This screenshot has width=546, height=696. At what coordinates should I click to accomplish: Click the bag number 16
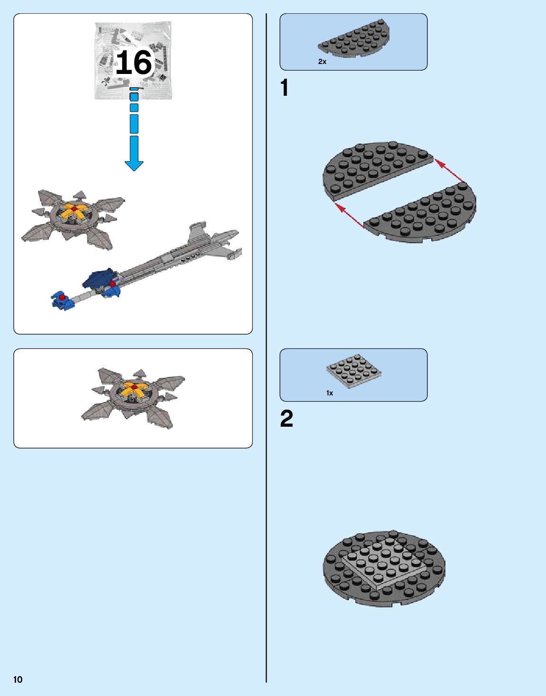134,63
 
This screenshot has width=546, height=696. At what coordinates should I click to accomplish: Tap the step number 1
285,88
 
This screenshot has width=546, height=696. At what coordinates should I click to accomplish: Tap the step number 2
287,419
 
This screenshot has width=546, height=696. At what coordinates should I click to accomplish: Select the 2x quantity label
322,62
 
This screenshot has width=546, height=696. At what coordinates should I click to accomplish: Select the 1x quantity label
330,393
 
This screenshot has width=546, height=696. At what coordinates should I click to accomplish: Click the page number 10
18,679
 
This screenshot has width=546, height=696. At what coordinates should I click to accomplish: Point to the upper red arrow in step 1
448,170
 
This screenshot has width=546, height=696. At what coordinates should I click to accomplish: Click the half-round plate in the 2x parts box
355,39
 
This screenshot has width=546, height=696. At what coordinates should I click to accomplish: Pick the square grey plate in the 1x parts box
353,370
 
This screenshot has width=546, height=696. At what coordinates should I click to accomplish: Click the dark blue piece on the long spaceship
100,279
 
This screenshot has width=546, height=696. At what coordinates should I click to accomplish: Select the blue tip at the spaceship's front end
60,300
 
